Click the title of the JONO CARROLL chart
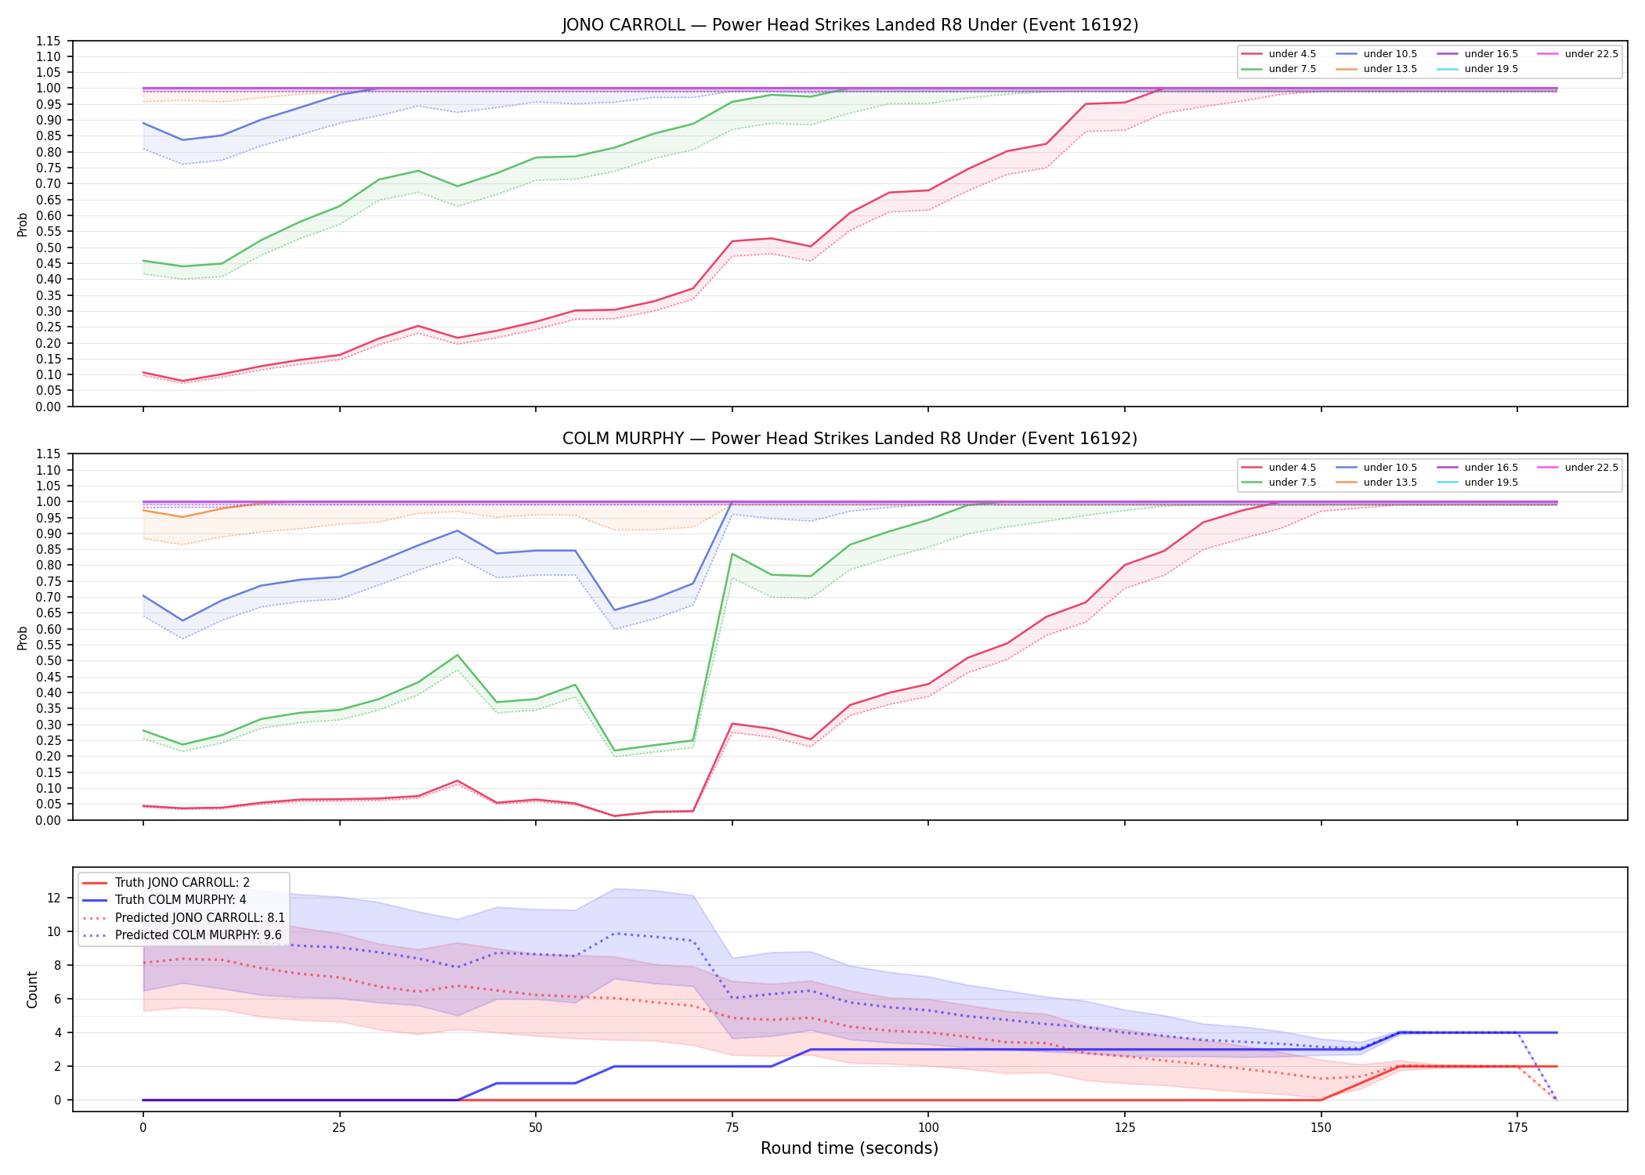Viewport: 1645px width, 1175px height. (x=850, y=25)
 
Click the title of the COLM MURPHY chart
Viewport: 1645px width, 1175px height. (x=850, y=439)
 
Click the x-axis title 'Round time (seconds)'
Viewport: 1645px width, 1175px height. (x=849, y=1148)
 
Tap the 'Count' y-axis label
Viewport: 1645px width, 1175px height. (x=32, y=989)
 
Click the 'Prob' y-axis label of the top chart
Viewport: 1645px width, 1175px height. (x=23, y=224)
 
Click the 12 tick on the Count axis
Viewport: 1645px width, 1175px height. (x=54, y=898)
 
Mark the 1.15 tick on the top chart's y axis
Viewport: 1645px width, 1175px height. (x=49, y=41)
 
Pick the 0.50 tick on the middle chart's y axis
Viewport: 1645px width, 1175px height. (x=49, y=661)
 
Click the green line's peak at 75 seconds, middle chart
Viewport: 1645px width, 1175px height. (x=732, y=554)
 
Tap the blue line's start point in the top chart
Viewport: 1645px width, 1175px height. (x=143, y=123)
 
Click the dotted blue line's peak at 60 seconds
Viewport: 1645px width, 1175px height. (x=615, y=933)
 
